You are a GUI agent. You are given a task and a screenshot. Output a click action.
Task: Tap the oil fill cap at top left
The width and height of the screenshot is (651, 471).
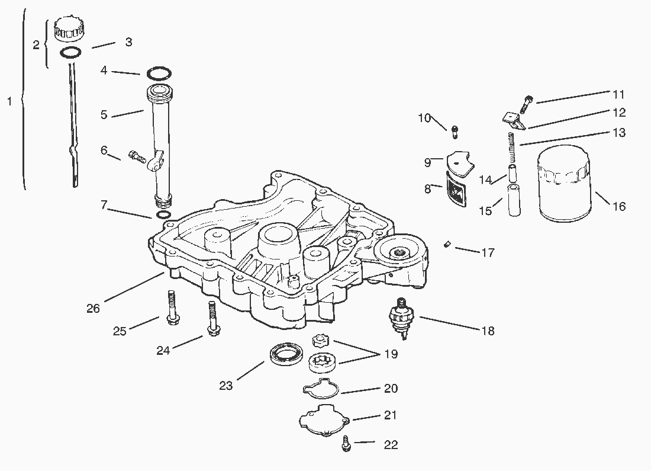click(69, 28)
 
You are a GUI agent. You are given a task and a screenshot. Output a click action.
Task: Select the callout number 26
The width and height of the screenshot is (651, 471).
click(94, 309)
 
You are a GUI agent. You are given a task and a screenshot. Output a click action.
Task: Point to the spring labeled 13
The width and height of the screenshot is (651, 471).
click(511, 148)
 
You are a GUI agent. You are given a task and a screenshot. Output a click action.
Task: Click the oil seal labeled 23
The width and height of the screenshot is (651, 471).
click(286, 355)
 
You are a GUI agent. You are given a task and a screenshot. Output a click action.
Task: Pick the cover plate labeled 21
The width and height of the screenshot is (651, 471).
click(325, 420)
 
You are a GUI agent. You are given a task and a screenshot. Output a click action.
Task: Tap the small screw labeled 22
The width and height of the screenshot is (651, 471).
click(346, 444)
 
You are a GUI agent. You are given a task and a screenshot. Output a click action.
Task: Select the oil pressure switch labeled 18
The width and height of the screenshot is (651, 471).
click(401, 319)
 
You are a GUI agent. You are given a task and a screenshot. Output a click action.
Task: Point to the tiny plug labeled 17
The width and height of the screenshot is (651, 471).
click(447, 245)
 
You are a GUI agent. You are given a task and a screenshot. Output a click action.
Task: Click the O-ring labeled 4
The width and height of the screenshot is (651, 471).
click(159, 73)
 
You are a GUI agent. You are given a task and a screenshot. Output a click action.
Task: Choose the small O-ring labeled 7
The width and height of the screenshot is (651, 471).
click(163, 215)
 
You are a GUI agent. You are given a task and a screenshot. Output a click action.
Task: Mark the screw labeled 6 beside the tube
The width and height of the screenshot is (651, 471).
click(137, 156)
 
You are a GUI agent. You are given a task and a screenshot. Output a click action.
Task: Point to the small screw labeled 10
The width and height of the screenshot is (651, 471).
click(454, 132)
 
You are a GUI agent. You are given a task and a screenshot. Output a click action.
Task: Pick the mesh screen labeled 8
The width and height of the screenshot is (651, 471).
click(456, 189)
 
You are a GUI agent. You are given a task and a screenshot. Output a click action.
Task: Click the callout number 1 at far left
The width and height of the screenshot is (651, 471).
click(9, 101)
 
